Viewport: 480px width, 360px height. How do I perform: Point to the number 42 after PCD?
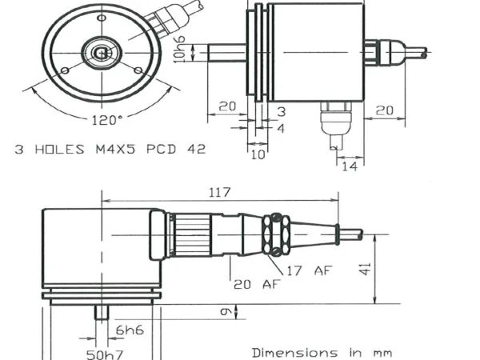[196, 149]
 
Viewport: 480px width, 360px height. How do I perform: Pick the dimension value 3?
[281, 111]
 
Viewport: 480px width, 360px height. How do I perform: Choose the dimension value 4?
[281, 128]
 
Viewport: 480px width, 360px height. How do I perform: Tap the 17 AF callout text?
[308, 270]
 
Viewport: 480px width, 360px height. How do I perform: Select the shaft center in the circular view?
[101, 54]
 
